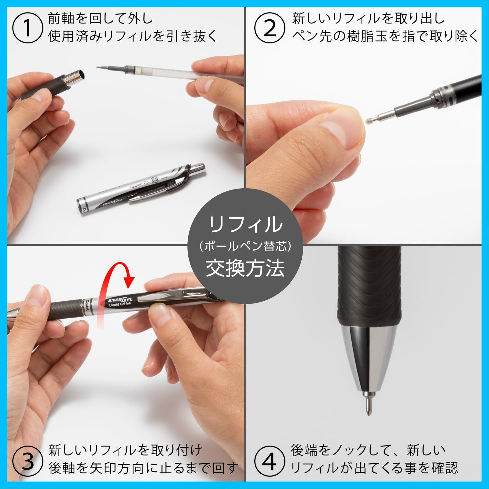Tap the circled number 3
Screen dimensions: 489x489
point(27,461)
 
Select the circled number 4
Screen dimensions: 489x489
point(269,461)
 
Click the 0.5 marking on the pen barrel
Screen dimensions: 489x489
point(155,179)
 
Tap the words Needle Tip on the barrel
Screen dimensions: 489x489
point(139,185)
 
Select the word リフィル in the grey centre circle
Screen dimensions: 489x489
point(245,225)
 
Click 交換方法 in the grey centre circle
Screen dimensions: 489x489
point(245,268)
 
